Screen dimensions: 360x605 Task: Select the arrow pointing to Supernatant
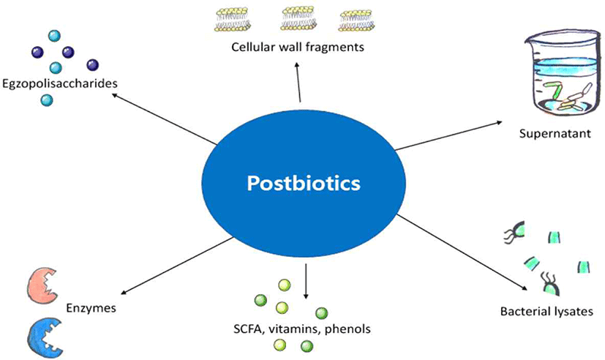click(446, 136)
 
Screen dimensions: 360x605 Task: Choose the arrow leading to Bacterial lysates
click(468, 253)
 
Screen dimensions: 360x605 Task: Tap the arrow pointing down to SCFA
click(306, 282)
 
